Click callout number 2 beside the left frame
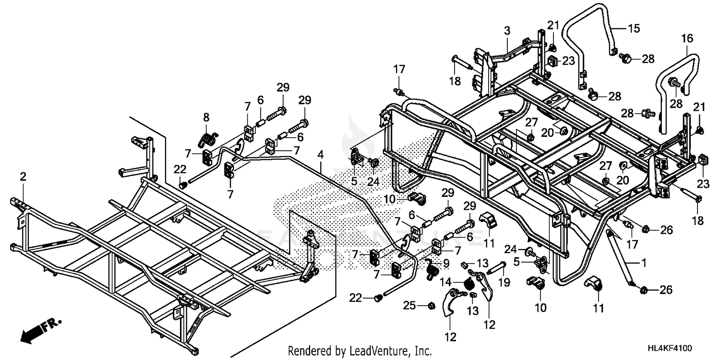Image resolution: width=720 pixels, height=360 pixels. pyautogui.click(x=23, y=178)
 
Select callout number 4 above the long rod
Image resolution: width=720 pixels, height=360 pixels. pyautogui.click(x=320, y=155)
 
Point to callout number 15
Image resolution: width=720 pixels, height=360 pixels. pyautogui.click(x=634, y=28)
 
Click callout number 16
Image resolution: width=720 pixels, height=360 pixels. pyautogui.click(x=686, y=38)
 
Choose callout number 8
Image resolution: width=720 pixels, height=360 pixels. pyautogui.click(x=206, y=117)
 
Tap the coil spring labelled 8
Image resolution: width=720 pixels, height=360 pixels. pyautogui.click(x=206, y=140)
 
